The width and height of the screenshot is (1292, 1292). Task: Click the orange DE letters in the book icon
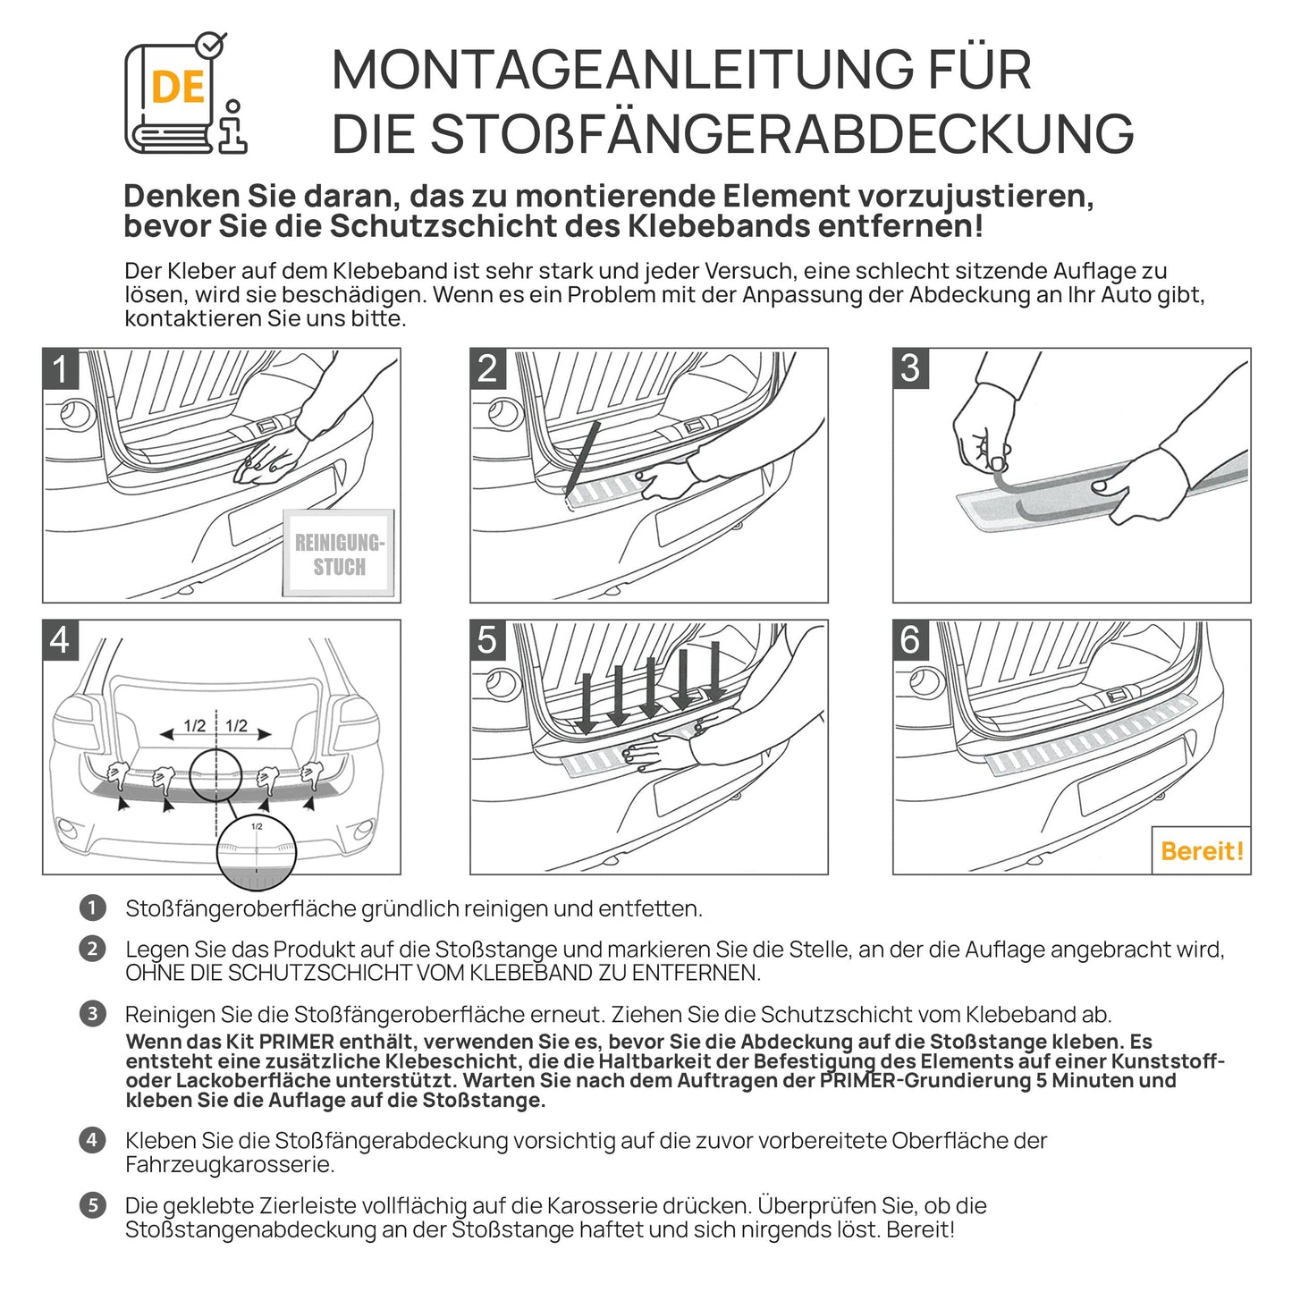tap(178, 88)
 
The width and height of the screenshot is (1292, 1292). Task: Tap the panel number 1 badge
tap(61, 368)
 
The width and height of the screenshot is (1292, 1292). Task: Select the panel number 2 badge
tap(487, 368)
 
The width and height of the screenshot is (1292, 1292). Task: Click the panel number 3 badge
tap(910, 368)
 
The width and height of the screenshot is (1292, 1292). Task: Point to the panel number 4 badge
tap(61, 640)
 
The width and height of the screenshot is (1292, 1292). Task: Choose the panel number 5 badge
tap(487, 640)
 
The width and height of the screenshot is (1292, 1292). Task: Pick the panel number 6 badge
tap(910, 640)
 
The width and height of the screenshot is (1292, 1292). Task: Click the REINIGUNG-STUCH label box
tap(339, 554)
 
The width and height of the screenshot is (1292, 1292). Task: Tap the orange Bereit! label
tap(1201, 850)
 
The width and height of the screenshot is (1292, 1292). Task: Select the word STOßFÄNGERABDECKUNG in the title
tap(781, 135)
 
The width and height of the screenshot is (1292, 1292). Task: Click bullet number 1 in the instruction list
tap(92, 908)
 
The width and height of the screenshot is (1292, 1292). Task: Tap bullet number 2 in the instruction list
tap(92, 949)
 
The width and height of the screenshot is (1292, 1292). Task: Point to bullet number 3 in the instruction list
tap(92, 1014)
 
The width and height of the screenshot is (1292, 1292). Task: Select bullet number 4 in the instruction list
tap(92, 1140)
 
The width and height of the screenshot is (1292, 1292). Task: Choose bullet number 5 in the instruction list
tap(92, 1205)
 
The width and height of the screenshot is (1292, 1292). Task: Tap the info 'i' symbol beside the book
tap(233, 127)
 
